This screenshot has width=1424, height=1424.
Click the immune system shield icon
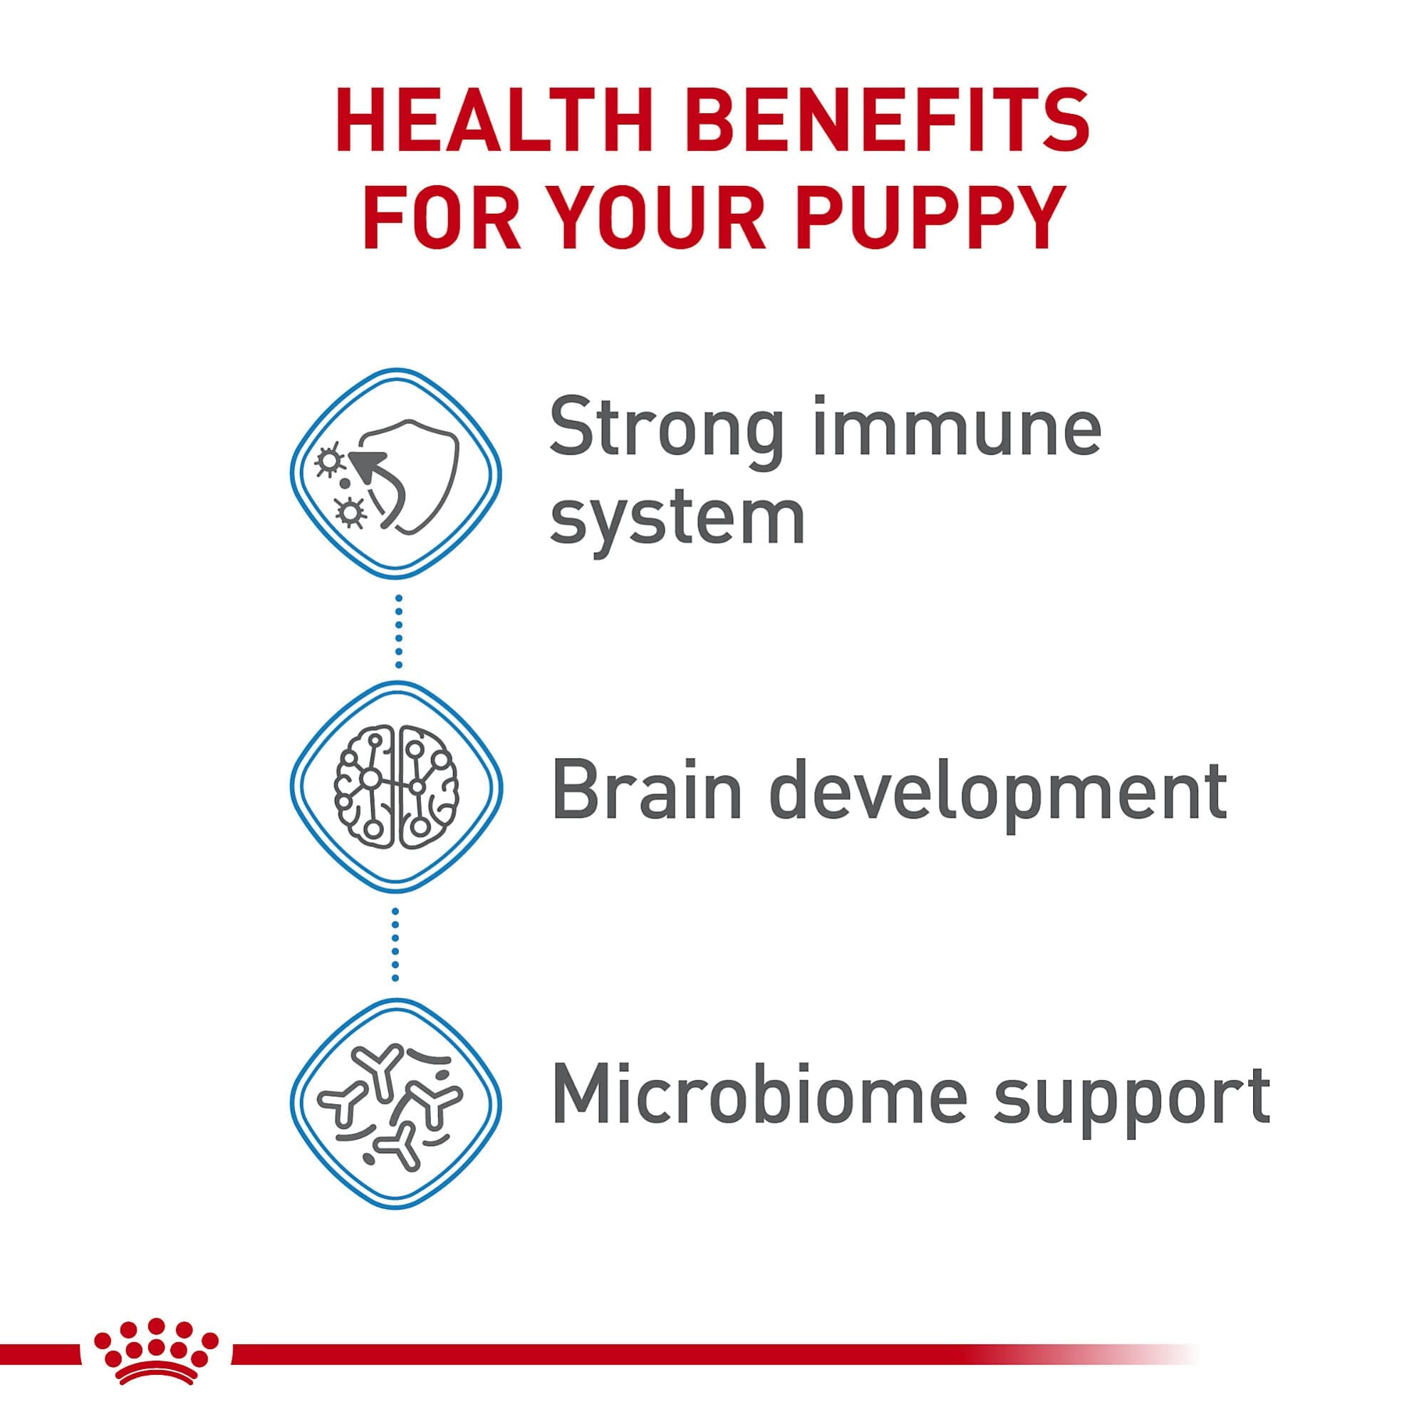(396, 472)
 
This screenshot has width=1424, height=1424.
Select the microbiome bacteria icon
(396, 1104)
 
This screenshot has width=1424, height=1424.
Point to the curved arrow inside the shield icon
(383, 487)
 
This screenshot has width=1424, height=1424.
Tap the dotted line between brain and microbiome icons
(396, 945)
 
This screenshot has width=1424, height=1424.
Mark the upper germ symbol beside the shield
(328, 461)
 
